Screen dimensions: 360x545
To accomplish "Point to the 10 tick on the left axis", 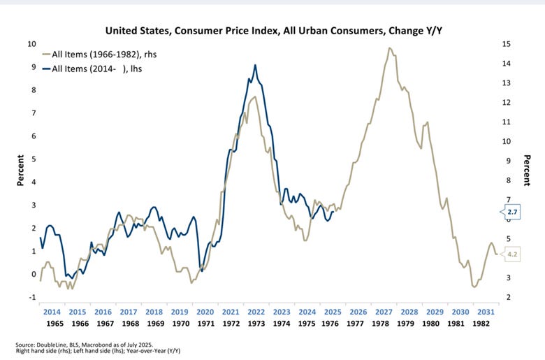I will click(x=30, y=44).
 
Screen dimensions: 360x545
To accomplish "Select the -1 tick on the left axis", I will click(x=31, y=297).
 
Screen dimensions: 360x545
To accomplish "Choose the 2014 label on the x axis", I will click(x=52, y=312).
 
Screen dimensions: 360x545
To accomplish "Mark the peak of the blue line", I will click(x=255, y=65).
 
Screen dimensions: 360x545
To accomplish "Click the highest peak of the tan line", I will click(x=388, y=48).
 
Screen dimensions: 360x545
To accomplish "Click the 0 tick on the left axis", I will click(x=31, y=274).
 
